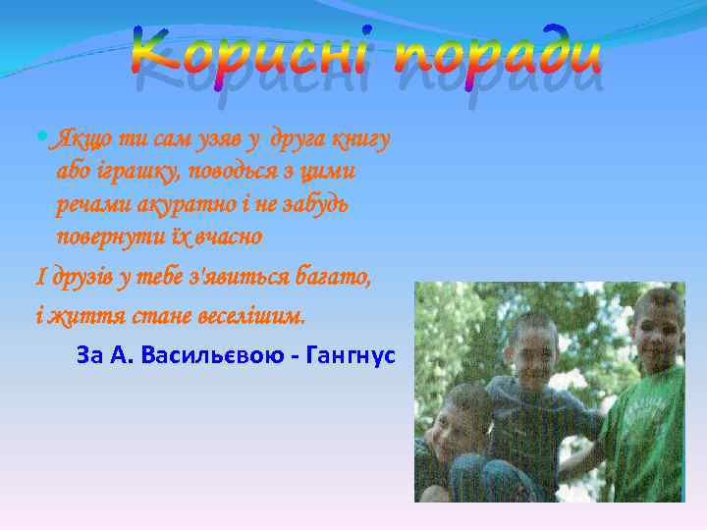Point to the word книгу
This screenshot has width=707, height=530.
[362, 139]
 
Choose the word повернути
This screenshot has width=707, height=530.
[114, 238]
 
